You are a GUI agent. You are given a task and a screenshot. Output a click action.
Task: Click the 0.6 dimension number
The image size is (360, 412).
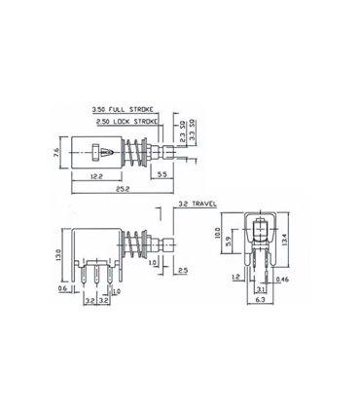pos(61,288)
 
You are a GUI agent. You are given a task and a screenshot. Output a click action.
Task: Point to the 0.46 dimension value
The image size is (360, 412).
pos(281,280)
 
